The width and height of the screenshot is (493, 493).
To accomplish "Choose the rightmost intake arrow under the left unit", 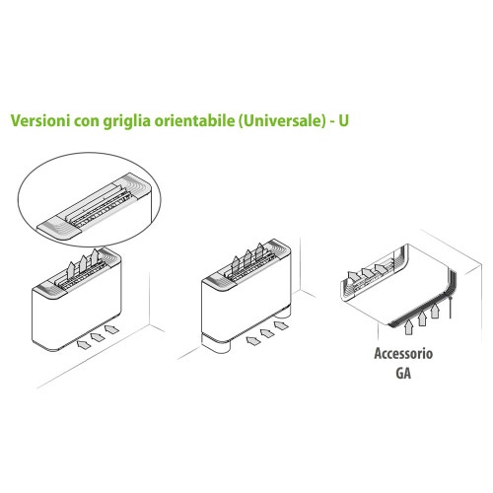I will click(111, 326).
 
